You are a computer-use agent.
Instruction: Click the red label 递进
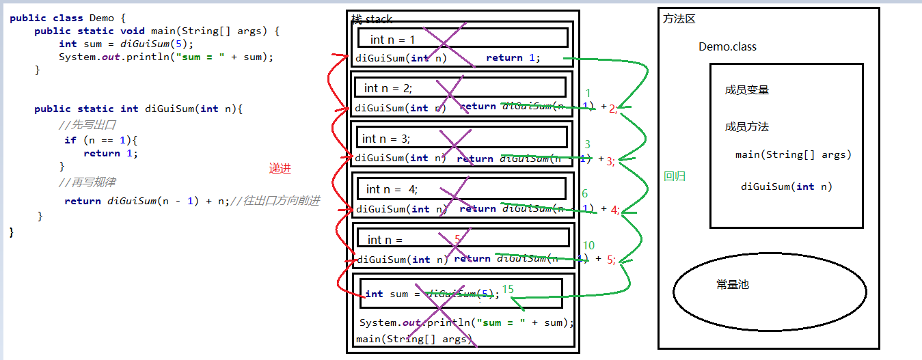coord(280,169)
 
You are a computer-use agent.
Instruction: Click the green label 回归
coord(675,176)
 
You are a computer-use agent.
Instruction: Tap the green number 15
coord(508,290)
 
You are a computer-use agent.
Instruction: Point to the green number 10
coord(588,246)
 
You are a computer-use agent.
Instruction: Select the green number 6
coord(584,194)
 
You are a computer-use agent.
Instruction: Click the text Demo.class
coord(727,47)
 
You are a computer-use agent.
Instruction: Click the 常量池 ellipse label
coord(733,284)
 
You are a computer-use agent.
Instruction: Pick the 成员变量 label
coord(747,90)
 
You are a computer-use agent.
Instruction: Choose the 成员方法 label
coord(747,127)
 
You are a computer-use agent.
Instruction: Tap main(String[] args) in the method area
coord(794,155)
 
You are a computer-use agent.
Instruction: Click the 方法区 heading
coord(679,19)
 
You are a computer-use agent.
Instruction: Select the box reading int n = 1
coord(392,40)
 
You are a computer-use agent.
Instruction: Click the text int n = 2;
coord(388,88)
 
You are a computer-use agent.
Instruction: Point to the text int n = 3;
coord(386,139)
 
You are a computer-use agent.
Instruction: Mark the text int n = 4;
coord(392,189)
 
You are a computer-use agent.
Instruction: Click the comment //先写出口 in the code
coord(87,125)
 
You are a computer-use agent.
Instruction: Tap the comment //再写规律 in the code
coord(87,182)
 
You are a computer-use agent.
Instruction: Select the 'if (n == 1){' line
coord(101,140)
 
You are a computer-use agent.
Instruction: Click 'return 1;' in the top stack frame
coord(513,58)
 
